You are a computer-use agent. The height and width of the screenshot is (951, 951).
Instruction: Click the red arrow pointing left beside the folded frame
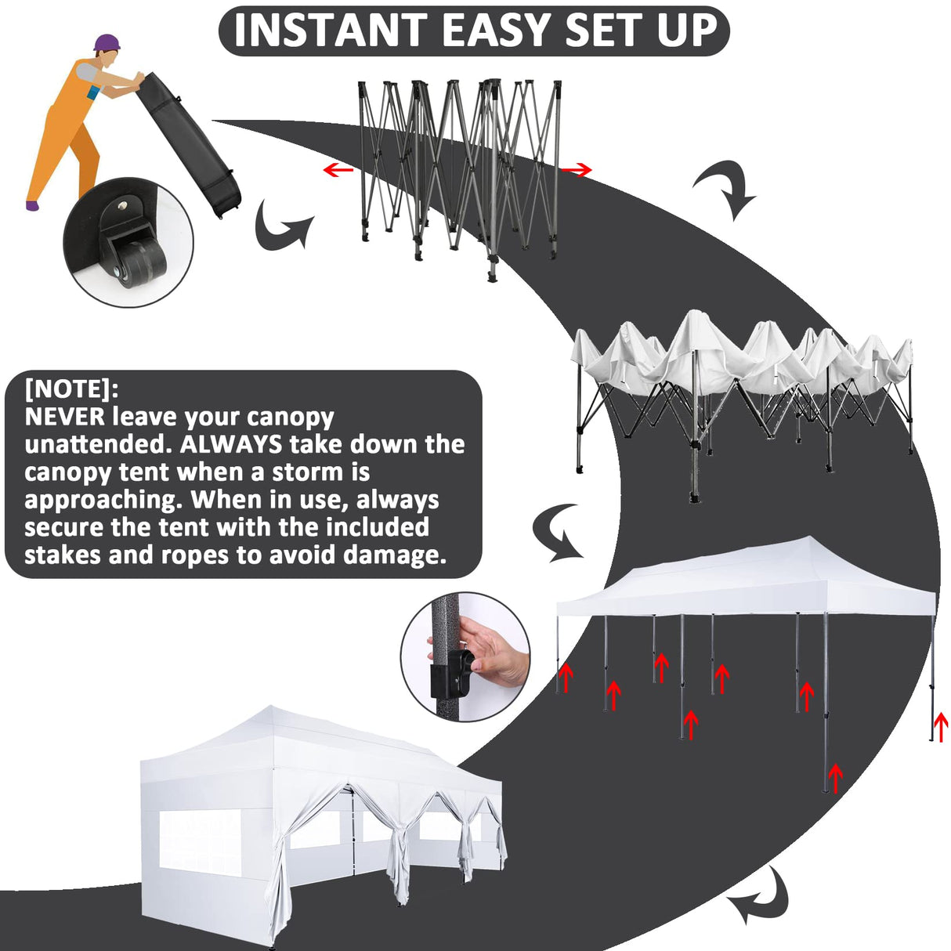pos(338,169)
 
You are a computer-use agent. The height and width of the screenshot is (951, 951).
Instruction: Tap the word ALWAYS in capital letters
pos(230,444)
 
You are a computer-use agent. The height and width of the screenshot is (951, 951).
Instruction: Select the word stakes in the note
pos(63,555)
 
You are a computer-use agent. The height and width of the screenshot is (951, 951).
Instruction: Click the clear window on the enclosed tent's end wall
pos(200,841)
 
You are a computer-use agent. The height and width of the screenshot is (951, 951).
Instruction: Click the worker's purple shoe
pos(31,205)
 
